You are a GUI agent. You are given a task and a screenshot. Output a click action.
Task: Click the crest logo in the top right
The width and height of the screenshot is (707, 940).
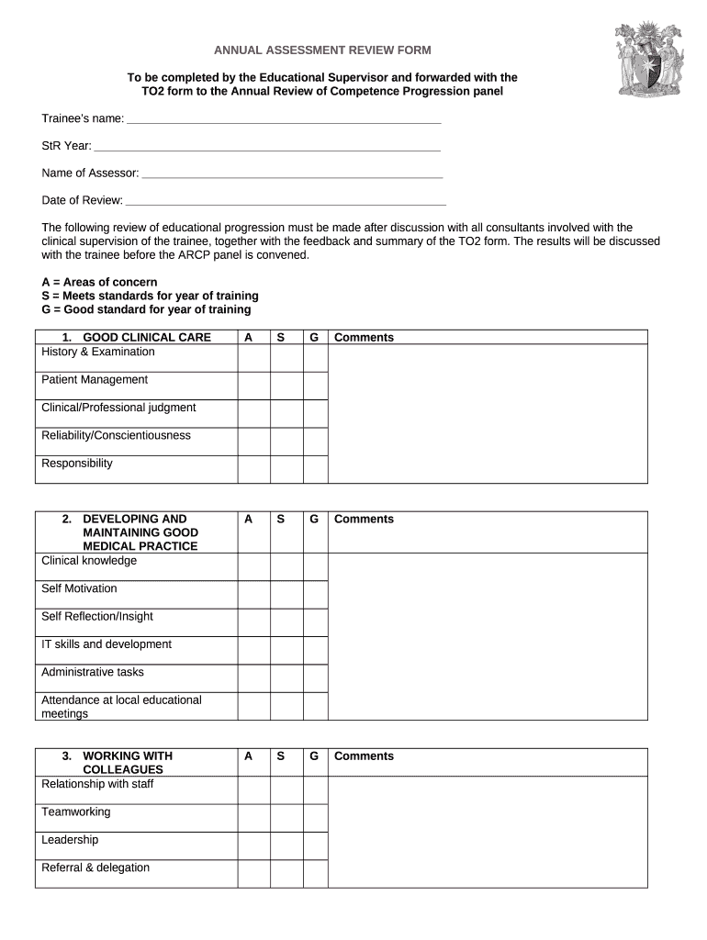(x=648, y=60)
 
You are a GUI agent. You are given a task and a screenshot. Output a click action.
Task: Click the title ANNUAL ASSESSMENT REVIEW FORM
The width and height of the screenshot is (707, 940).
(x=321, y=50)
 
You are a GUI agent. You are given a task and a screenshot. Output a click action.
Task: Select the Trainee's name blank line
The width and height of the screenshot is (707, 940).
(x=284, y=118)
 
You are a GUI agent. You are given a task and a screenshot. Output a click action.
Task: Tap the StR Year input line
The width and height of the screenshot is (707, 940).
(x=267, y=146)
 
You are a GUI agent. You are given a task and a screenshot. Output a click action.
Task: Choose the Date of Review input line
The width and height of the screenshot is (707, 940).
(x=286, y=200)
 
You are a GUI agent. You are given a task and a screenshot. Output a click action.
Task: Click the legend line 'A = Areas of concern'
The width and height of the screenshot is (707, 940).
(x=99, y=282)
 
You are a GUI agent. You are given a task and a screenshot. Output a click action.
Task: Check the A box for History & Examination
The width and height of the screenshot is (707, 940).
(x=253, y=358)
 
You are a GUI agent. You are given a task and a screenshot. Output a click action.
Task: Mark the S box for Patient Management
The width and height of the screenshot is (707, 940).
(x=286, y=386)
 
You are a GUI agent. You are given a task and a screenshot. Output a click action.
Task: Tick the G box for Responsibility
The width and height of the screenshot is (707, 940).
(x=315, y=469)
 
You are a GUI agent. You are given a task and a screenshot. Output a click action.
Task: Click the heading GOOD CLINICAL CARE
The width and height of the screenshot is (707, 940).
(x=147, y=337)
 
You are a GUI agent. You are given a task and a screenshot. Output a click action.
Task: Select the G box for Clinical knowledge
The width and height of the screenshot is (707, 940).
(x=315, y=566)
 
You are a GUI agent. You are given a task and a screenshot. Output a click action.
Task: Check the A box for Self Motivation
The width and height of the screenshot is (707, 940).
(x=253, y=594)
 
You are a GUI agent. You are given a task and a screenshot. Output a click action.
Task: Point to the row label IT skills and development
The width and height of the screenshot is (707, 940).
(x=107, y=644)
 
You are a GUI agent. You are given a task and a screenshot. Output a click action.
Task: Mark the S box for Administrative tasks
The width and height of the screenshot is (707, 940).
(x=286, y=677)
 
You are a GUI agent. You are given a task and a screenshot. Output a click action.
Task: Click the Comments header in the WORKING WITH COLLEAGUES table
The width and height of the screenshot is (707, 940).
(x=364, y=756)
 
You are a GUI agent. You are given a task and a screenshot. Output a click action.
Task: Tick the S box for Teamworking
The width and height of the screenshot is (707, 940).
(x=286, y=818)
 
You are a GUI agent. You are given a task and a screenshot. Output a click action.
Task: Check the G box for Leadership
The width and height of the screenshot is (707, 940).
(x=315, y=845)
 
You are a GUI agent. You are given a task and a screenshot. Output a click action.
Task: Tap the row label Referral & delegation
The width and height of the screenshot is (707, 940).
(x=95, y=867)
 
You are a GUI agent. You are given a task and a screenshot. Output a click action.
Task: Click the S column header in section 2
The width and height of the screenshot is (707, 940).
(x=281, y=520)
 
